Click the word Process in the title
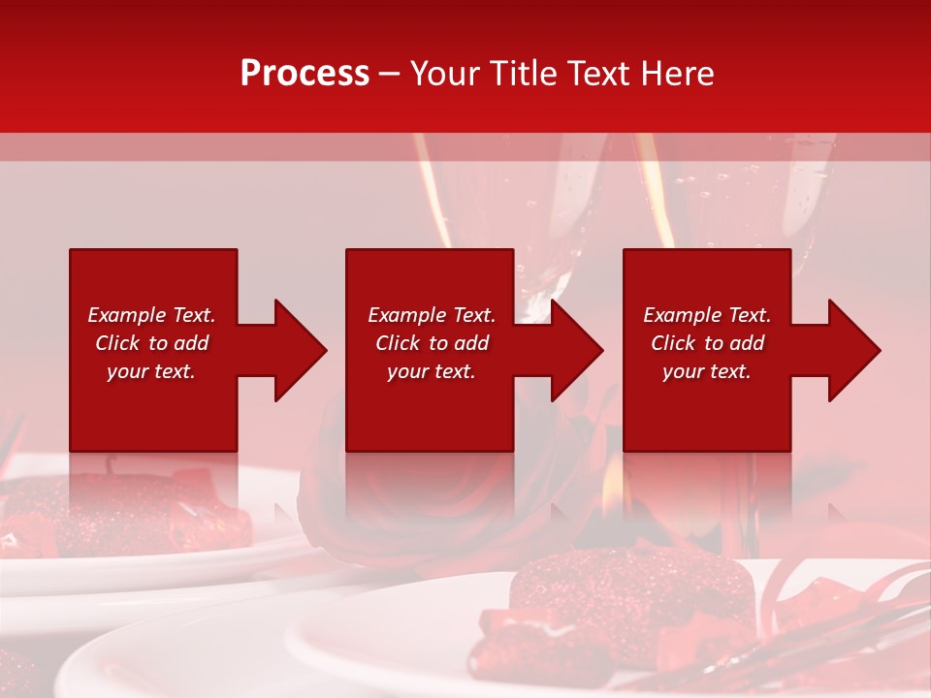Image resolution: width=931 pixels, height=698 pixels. click(x=305, y=73)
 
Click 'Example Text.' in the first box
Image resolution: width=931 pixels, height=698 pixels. click(x=151, y=315)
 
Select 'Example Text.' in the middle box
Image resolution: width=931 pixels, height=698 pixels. click(x=432, y=315)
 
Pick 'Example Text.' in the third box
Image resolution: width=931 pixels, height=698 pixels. click(x=707, y=315)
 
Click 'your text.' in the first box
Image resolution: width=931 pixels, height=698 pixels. click(x=151, y=371)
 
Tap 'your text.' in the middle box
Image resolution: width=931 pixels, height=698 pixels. click(x=432, y=371)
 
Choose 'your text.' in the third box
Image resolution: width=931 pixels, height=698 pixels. click(x=707, y=371)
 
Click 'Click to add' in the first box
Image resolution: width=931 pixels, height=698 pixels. click(x=151, y=343)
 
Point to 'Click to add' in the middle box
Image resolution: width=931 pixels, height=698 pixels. click(x=432, y=343)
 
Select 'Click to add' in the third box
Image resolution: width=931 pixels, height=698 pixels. click(x=707, y=343)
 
